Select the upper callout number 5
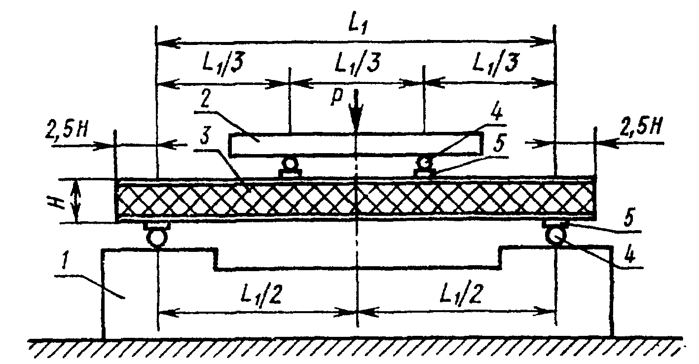499,144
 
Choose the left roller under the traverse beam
290,163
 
